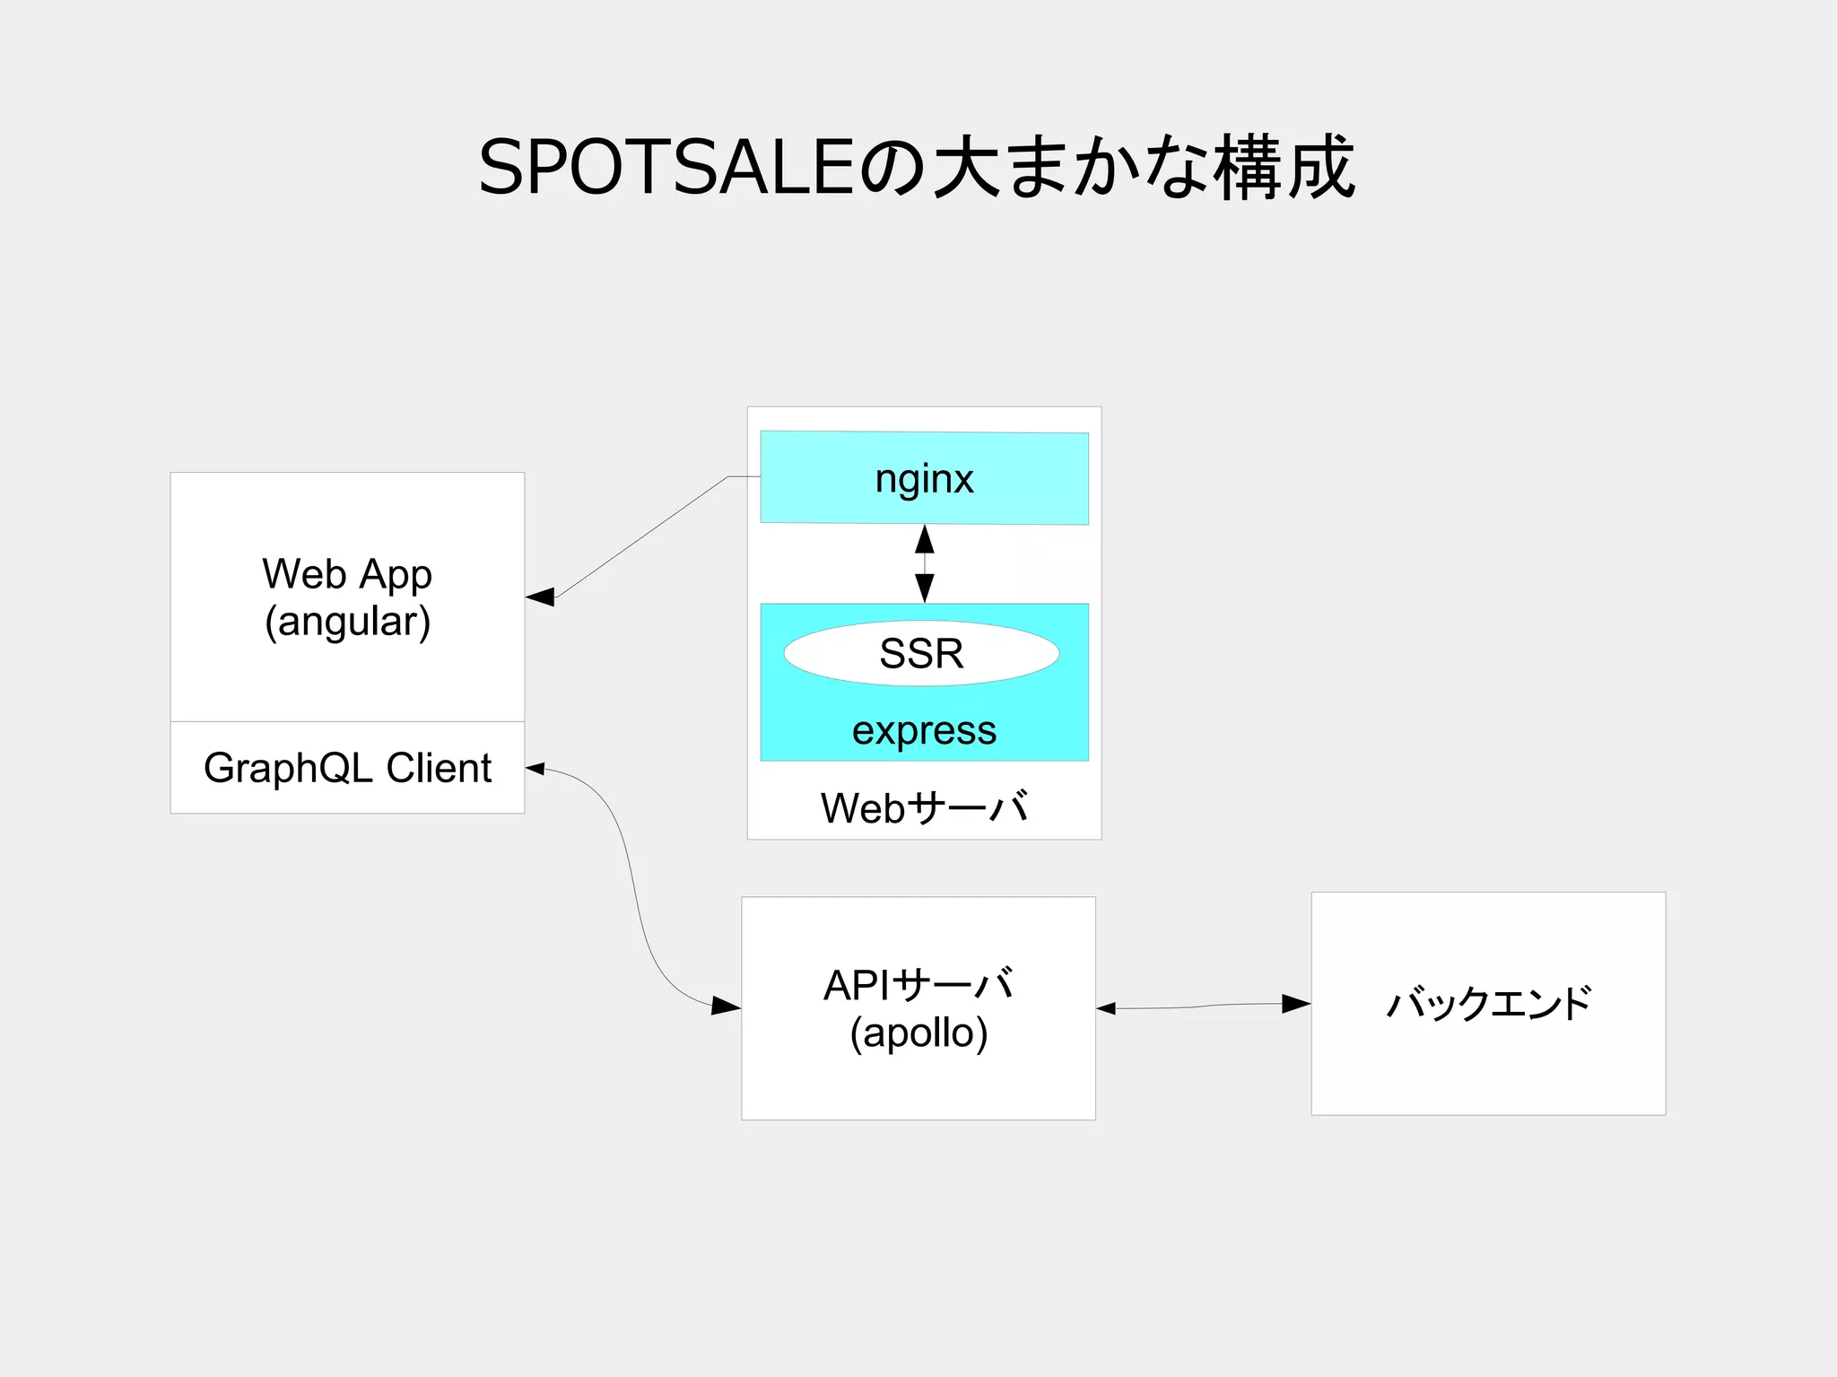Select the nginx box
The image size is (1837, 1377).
(x=924, y=478)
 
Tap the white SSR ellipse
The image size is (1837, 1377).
(x=921, y=653)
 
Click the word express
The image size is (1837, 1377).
(x=924, y=730)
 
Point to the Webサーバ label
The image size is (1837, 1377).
(x=924, y=807)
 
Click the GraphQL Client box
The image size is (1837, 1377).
(x=347, y=768)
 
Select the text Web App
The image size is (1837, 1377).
(x=347, y=574)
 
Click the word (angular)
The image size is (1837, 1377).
(x=347, y=622)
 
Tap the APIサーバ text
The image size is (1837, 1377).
(x=918, y=985)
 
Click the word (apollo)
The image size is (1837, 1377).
(x=918, y=1033)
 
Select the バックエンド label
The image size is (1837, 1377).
(x=1488, y=1003)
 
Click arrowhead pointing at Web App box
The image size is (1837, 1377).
(x=540, y=597)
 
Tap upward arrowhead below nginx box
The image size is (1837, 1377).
(x=925, y=539)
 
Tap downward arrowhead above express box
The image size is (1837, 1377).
(x=925, y=588)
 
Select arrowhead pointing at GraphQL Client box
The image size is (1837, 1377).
(x=535, y=768)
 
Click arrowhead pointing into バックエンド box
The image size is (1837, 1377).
(x=1296, y=1004)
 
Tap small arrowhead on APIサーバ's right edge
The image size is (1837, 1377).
(x=1106, y=1008)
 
